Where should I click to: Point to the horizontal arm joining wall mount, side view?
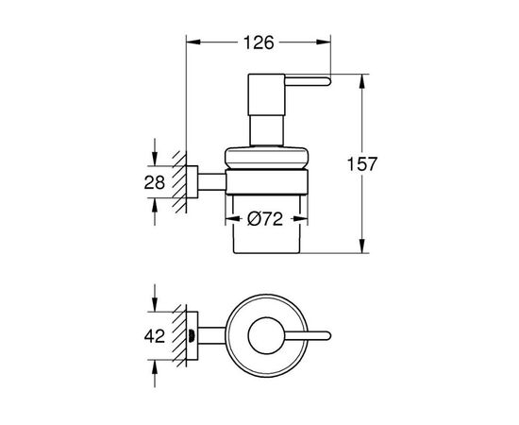point(212,180)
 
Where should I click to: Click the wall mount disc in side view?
point(194,180)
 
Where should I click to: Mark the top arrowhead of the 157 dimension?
point(362,77)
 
